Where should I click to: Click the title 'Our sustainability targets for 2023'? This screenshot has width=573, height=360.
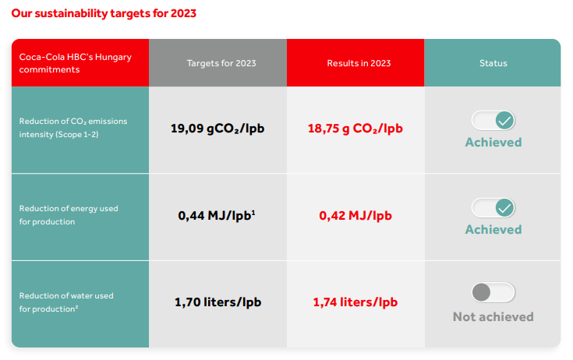(104, 13)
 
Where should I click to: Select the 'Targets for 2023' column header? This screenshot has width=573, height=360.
(221, 63)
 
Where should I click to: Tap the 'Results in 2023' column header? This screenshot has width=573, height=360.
(359, 63)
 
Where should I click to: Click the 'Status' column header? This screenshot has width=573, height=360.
(493, 63)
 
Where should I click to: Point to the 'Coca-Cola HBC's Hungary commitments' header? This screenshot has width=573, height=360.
(76, 63)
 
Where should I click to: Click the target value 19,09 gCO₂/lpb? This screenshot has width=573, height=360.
(218, 129)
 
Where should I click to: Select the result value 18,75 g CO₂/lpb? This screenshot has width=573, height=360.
(355, 129)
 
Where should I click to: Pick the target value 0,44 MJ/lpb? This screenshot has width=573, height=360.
(217, 215)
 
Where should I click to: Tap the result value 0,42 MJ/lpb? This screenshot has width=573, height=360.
(355, 215)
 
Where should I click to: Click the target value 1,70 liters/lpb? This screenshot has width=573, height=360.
(218, 302)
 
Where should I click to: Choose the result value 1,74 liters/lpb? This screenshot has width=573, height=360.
(355, 302)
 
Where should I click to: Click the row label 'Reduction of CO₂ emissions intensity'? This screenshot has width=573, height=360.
(73, 128)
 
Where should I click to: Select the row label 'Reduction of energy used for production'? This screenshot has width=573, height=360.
(69, 215)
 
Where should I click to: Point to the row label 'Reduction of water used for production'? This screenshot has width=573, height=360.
(66, 302)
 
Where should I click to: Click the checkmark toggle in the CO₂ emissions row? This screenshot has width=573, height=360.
(493, 121)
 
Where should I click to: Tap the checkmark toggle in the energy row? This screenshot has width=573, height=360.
(493, 208)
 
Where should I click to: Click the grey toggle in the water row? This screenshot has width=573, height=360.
(493, 292)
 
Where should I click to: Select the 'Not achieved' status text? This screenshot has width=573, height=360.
(493, 317)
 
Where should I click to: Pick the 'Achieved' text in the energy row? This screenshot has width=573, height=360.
(493, 230)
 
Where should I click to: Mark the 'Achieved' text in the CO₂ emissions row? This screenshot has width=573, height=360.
(493, 143)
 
